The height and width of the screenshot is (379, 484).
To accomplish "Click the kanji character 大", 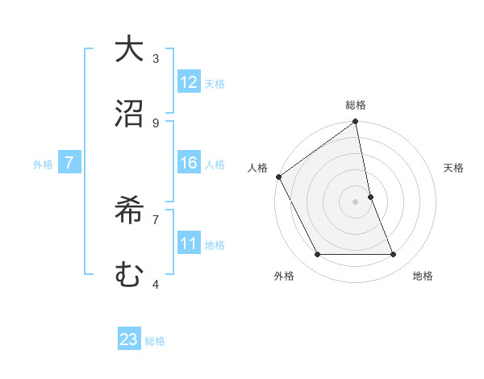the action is click(x=129, y=50).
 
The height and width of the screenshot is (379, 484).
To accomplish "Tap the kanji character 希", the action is click(x=129, y=211).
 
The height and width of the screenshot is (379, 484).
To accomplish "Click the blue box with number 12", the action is click(x=189, y=82).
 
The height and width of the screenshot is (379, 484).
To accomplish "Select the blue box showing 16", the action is click(x=189, y=163).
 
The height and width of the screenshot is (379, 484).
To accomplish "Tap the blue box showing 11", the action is click(x=189, y=243).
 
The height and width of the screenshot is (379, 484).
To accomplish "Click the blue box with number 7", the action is click(x=69, y=163).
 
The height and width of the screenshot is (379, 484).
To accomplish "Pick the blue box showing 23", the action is click(x=129, y=339).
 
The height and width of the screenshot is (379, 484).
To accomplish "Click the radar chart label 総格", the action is click(x=356, y=106).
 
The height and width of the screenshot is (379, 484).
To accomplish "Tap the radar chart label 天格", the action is click(x=454, y=168).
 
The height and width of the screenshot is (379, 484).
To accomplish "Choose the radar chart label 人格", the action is click(x=257, y=168).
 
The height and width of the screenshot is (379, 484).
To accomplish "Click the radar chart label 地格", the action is click(x=423, y=276).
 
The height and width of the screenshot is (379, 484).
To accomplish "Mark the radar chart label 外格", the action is click(x=284, y=276).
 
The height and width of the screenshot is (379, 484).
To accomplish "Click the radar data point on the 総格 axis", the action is click(x=356, y=123).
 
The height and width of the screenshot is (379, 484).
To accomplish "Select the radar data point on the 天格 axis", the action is click(x=371, y=197).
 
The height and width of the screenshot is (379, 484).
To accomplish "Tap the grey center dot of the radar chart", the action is click(x=356, y=202).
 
